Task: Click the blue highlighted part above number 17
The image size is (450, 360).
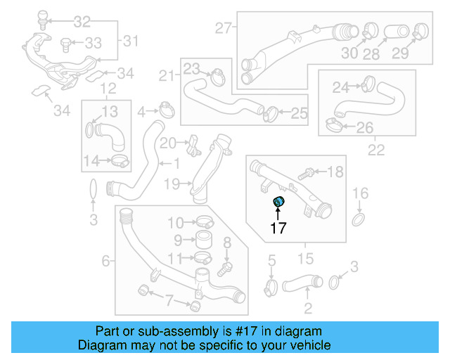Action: (x=278, y=202)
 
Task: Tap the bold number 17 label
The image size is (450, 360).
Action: (x=278, y=228)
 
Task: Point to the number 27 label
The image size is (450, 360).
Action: (x=223, y=29)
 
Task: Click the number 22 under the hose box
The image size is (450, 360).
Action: (x=376, y=150)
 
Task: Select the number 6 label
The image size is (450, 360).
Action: (x=106, y=262)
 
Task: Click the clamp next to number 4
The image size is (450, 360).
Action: (x=166, y=110)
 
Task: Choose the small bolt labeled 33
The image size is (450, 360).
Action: (x=65, y=44)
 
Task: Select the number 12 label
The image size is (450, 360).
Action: (x=108, y=89)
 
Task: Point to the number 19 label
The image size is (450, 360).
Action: (x=172, y=184)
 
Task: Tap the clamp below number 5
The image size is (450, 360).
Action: (x=271, y=286)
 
